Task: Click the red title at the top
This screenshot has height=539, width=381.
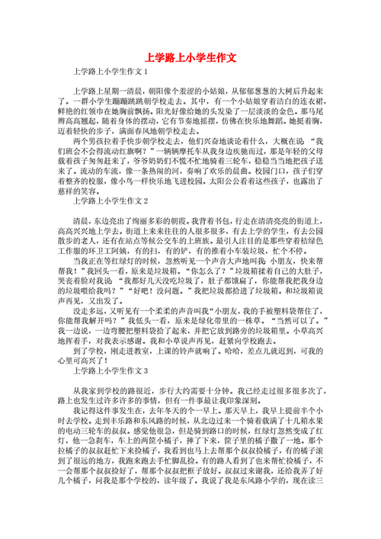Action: coord(190,58)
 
